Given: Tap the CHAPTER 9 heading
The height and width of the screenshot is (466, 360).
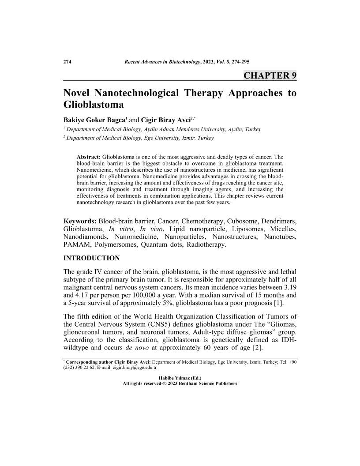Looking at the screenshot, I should click(x=270, y=75).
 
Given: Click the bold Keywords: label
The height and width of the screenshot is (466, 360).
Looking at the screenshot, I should click(x=80, y=221).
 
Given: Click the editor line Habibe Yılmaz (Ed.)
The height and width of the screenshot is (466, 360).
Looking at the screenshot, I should click(x=180, y=378).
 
